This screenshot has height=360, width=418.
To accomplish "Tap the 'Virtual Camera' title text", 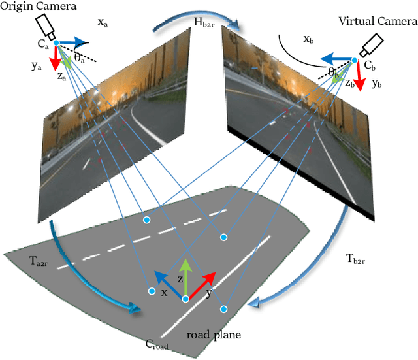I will pos(374,21).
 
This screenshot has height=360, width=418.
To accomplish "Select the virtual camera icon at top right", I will pos(373,44).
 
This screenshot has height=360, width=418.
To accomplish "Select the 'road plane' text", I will pos(214,335).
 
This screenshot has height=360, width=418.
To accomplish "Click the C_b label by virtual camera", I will pos(370,65).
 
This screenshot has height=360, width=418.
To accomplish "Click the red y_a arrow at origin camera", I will pos(56,58).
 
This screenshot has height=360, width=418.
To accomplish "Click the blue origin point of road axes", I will pos(185,299).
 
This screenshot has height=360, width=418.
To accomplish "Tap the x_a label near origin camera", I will pos(103,22).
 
